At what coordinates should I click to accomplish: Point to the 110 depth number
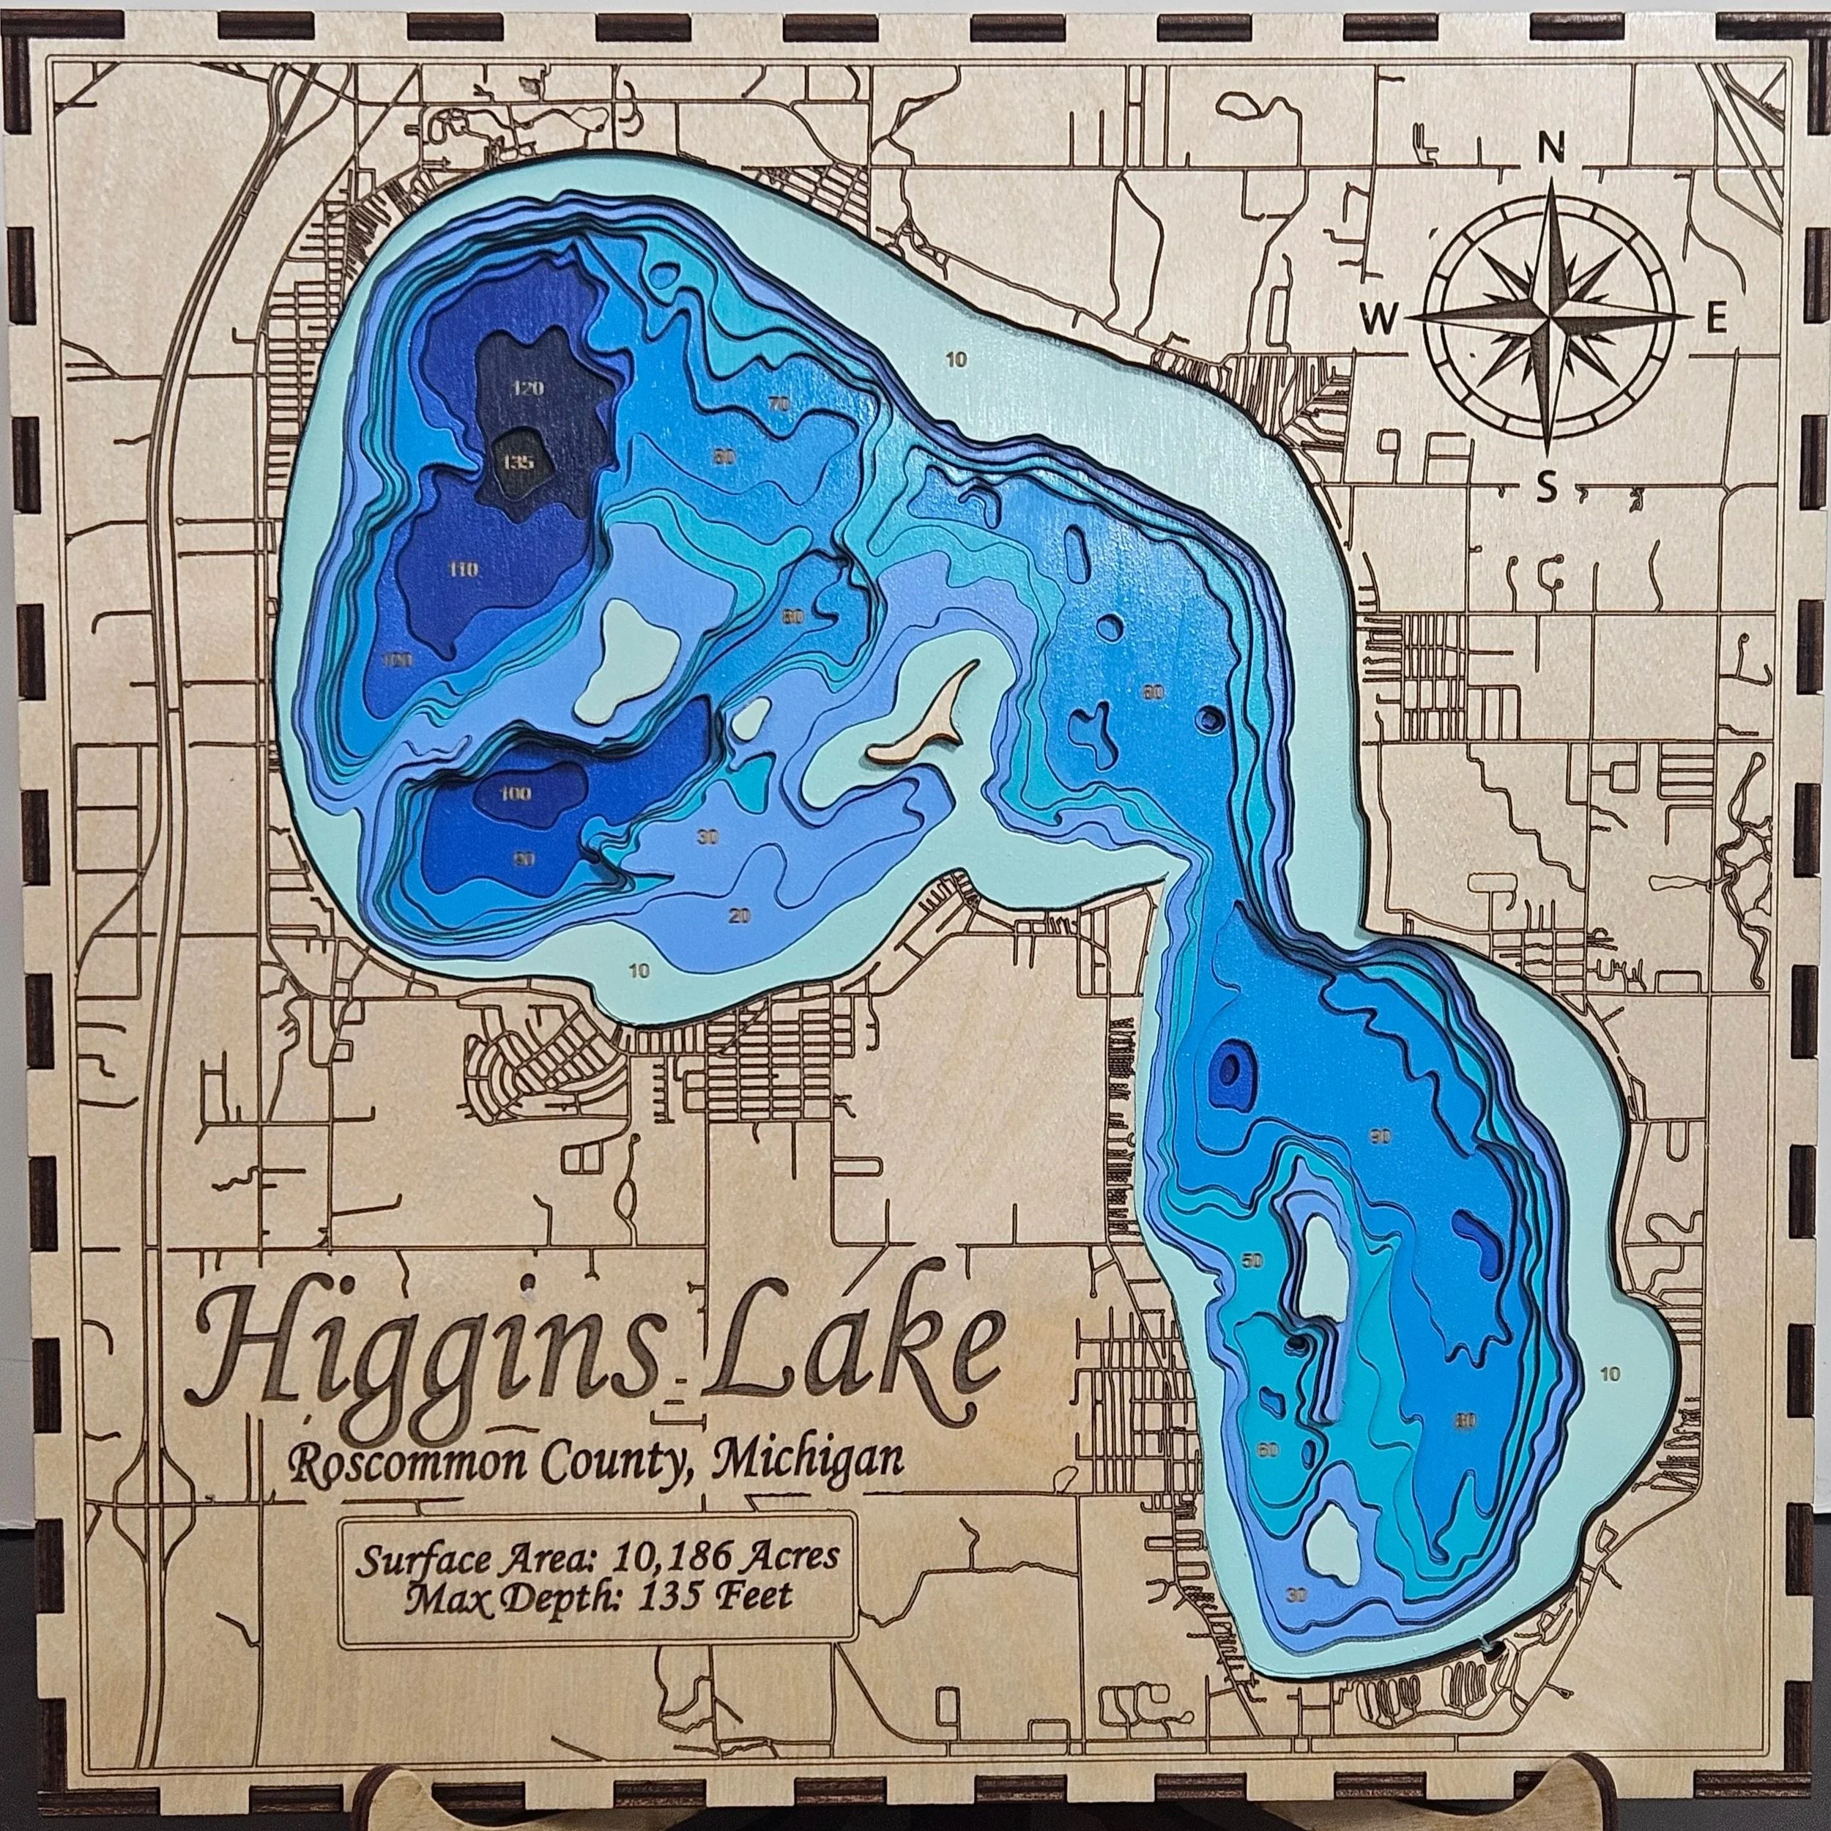(464, 570)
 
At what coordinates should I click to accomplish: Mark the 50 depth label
(1253, 1260)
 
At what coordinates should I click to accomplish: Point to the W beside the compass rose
(1379, 322)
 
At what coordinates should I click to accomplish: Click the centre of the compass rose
(1548, 317)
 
